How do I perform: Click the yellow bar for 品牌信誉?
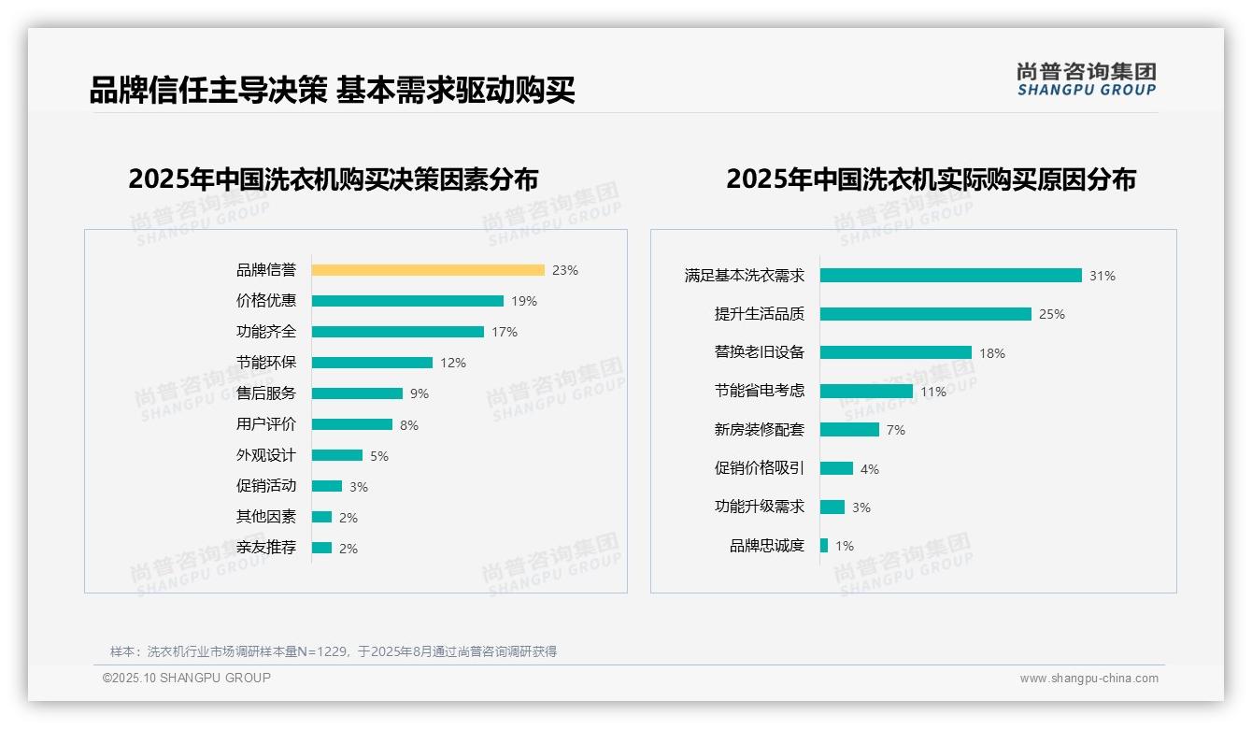click(x=428, y=270)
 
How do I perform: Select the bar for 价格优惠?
click(x=407, y=301)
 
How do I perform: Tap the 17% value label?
click(x=505, y=332)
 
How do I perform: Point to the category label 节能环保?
click(x=266, y=363)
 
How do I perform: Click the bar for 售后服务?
click(x=357, y=393)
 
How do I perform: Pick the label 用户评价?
click(x=266, y=424)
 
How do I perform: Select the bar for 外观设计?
click(x=337, y=455)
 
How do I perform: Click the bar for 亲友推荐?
click(x=321, y=548)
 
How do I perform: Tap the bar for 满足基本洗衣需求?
click(x=951, y=276)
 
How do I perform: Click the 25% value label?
click(x=1052, y=314)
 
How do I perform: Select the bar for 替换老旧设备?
click(x=896, y=352)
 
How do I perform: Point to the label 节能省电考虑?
click(x=760, y=391)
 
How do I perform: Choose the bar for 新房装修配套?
click(x=850, y=430)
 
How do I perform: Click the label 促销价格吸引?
click(x=760, y=468)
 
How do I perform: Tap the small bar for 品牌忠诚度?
click(x=824, y=545)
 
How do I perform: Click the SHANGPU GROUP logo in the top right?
click(x=1087, y=79)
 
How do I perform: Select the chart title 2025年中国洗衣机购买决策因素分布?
click(x=334, y=179)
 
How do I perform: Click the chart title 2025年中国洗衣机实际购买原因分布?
click(x=931, y=179)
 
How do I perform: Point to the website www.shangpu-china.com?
click(x=1088, y=679)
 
